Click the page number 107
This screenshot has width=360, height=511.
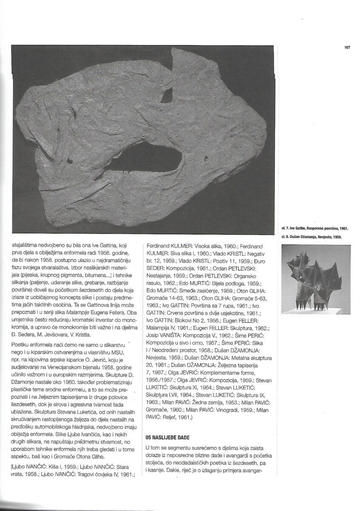tap(347, 47)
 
